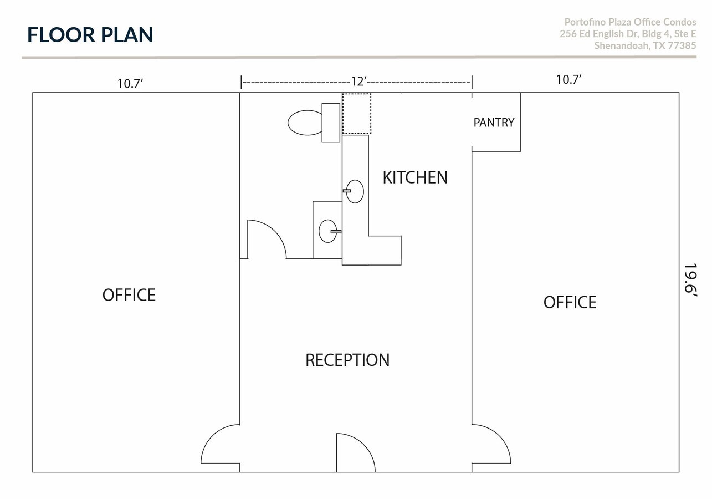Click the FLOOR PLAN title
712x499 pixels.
[x=90, y=34]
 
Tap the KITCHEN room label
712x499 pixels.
[x=415, y=177]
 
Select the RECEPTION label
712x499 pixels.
[x=347, y=360]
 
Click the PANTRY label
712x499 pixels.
[x=494, y=123]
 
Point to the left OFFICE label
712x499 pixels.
[x=129, y=295]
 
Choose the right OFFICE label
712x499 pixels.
[x=570, y=302]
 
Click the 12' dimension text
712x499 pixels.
[x=358, y=82]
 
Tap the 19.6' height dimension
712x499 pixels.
[x=689, y=281]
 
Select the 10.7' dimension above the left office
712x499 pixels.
[x=130, y=83]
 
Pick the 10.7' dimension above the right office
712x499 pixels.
[x=568, y=79]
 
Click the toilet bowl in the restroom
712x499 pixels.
[x=305, y=123]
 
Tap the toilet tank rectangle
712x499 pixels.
[x=331, y=123]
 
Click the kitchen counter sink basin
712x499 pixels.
[x=355, y=191]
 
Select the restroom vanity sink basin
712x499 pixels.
[x=327, y=231]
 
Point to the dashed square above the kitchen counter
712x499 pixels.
[x=356, y=114]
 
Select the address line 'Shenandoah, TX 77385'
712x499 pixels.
[x=645, y=46]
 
